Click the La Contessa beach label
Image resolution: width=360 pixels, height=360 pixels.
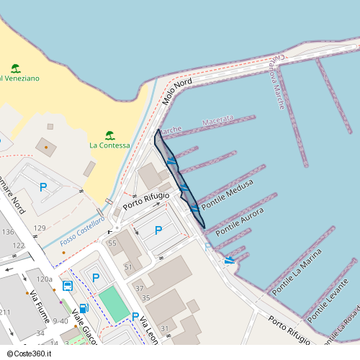click(109, 145)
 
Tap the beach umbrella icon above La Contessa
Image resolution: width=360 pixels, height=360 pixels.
click(109, 135)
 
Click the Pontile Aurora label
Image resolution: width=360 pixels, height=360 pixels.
click(240, 221)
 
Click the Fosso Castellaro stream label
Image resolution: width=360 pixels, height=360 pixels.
click(82, 230)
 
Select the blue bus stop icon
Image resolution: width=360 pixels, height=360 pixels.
click(67, 285)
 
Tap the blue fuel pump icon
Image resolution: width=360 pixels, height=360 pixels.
click(84, 309)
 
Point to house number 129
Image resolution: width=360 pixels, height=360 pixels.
click(40, 228)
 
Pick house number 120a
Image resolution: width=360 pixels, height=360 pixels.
click(45, 279)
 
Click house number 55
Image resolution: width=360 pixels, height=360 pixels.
click(112, 243)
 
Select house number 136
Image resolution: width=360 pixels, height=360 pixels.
click(8, 232)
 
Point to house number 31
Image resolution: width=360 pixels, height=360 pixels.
click(165, 328)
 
